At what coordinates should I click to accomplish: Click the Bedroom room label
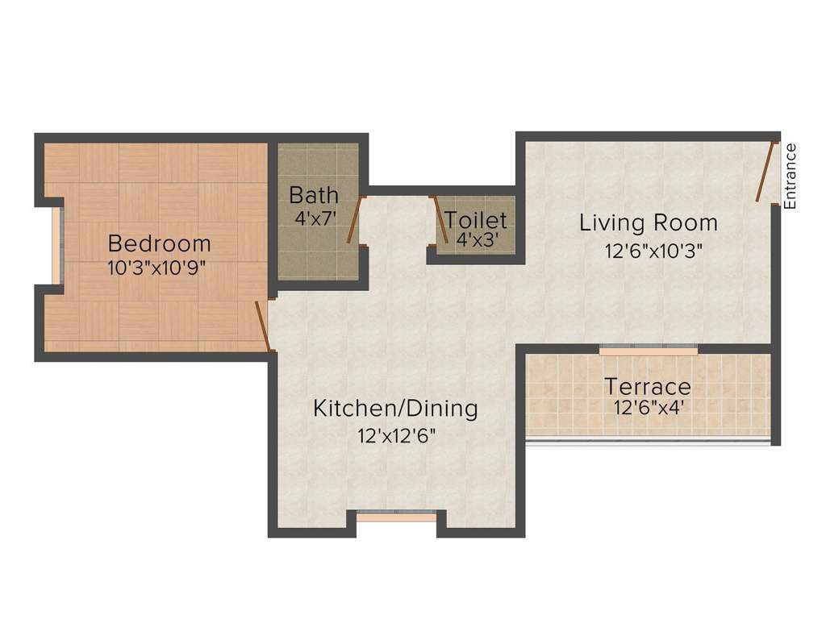point(159,243)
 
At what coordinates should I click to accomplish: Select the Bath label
point(314,196)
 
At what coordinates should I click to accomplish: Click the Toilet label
point(476,220)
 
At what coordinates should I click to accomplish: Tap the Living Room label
point(649,222)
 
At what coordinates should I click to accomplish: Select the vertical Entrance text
point(791,176)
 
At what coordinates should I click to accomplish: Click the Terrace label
point(648,386)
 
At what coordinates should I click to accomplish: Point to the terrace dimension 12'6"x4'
point(649,408)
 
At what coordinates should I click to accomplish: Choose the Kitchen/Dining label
point(395,408)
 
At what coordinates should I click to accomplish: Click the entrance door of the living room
point(766,172)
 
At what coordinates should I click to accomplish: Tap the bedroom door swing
point(262,326)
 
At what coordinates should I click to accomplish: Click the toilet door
point(439,218)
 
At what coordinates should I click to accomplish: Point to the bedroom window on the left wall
point(56,245)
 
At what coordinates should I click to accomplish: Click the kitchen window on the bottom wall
point(396,517)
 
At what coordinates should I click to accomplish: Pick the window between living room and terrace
point(648,351)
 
